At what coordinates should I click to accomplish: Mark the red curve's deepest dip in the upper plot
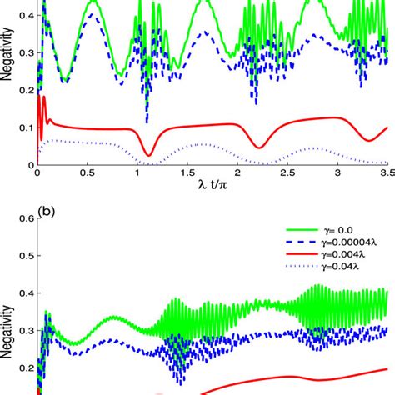coord(147,154)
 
